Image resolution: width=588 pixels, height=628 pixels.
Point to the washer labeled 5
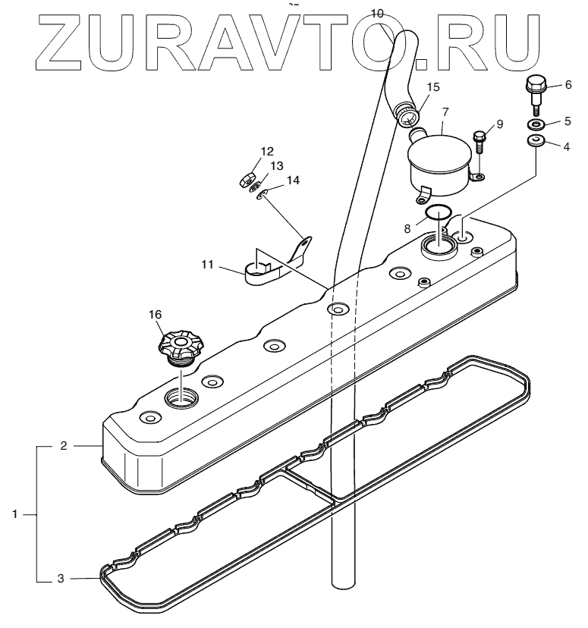click(536, 124)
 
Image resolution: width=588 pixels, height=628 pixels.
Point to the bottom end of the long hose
click(344, 582)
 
